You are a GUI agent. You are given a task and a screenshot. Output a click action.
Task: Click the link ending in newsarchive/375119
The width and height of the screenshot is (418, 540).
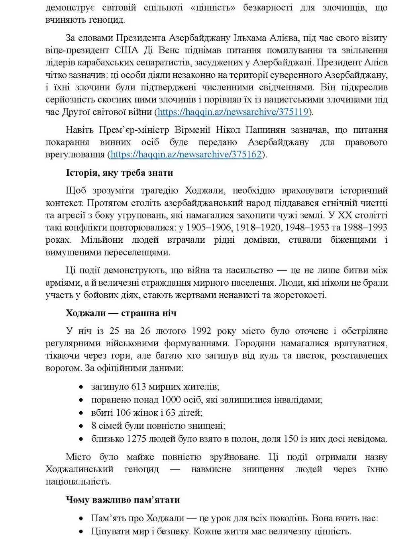coord(233,112)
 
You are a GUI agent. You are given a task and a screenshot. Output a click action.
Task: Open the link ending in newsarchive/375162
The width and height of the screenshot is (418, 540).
coord(186,154)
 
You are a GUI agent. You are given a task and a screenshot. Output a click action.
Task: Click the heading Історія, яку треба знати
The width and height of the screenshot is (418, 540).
coord(119,173)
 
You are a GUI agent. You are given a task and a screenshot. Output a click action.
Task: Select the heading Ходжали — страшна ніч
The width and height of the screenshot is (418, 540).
coord(121,313)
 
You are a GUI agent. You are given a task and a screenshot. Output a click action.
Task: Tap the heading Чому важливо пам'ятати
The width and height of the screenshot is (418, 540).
coord(123,500)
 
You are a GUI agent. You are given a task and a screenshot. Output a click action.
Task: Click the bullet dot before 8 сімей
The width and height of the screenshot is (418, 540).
coord(81,426)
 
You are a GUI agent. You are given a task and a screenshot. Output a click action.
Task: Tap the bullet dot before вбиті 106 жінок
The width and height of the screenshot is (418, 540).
coord(81,413)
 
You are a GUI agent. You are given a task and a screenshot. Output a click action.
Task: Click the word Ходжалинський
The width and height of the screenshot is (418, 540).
coord(79,469)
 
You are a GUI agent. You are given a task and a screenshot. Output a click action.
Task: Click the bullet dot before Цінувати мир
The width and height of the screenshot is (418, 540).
coord(81,532)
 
